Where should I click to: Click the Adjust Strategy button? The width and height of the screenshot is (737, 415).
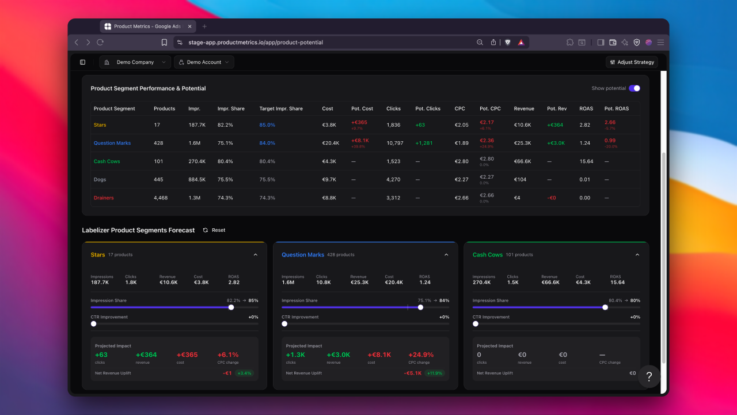[x=632, y=62]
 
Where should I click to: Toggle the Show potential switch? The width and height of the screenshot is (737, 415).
[x=634, y=88]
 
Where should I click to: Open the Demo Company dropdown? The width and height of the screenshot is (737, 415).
[x=135, y=62]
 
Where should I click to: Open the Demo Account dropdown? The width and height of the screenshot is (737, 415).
[x=204, y=62]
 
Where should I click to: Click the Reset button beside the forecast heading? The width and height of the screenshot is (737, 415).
[x=214, y=230]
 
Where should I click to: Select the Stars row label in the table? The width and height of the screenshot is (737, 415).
[x=100, y=125]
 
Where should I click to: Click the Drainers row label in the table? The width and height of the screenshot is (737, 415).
[x=104, y=198]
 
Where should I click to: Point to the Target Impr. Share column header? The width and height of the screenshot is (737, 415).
[x=281, y=108]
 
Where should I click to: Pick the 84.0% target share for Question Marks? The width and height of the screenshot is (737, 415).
[x=267, y=143]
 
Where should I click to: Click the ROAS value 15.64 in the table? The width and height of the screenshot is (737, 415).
[x=586, y=161]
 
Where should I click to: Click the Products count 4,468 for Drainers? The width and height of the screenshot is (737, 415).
[x=161, y=198]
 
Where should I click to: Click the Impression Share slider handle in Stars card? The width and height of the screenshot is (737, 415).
[x=231, y=307]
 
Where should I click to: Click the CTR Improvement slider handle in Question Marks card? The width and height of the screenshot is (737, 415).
[x=284, y=324]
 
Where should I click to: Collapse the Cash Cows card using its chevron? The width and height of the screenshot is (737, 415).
[x=637, y=255]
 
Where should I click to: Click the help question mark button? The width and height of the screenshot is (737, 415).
[x=649, y=376]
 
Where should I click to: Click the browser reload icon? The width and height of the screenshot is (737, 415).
[x=100, y=42]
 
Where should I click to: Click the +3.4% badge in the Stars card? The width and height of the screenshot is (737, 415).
[x=244, y=373]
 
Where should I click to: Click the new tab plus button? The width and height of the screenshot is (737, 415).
[x=204, y=27]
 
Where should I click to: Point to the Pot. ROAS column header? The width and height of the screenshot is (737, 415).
[x=617, y=108]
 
